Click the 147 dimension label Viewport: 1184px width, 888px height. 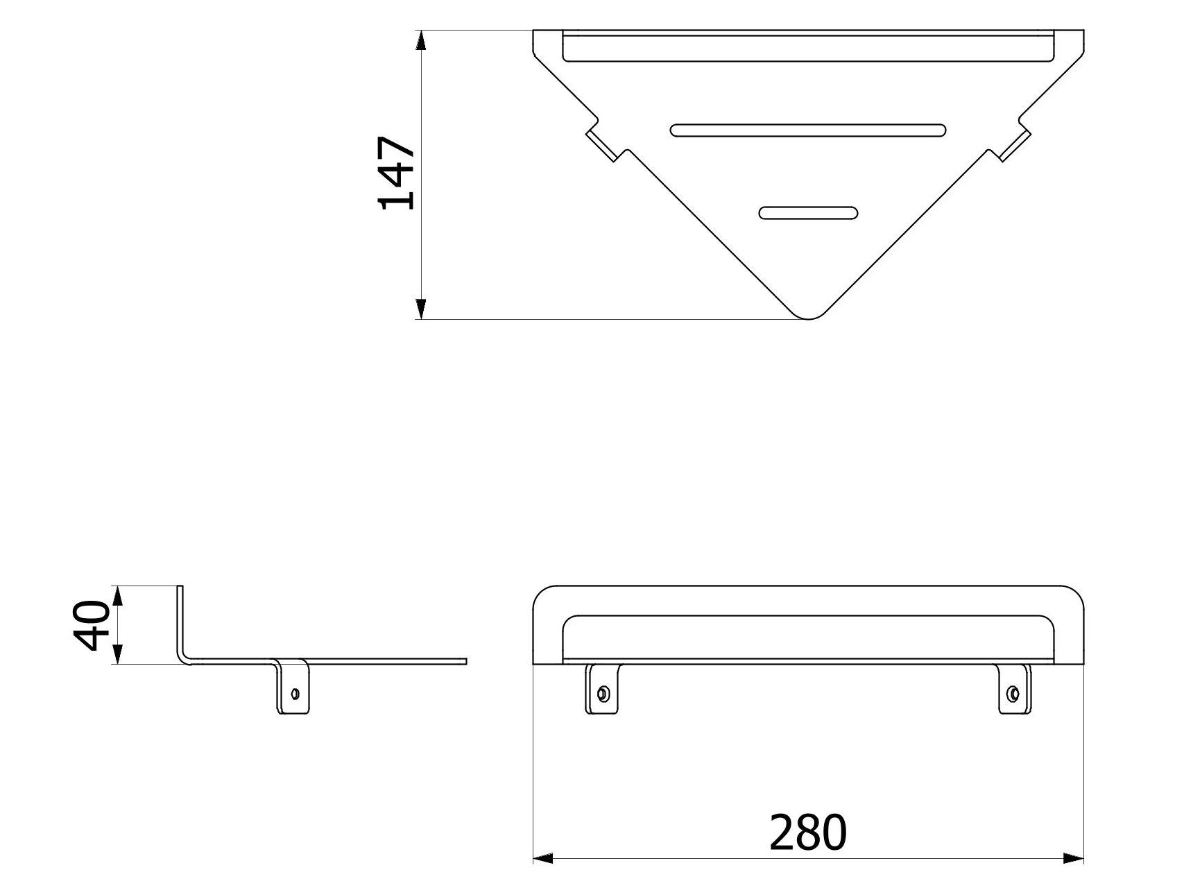coord(396,173)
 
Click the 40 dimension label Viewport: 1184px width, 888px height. coord(92,625)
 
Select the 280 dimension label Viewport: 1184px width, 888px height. coord(808,832)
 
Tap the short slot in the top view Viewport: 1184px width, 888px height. coord(808,213)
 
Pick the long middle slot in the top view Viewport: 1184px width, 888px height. coord(808,130)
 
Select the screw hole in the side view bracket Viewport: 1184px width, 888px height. coord(295,692)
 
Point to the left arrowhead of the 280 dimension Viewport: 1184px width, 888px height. coord(542,858)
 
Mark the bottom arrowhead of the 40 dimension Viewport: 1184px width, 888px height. coord(117,654)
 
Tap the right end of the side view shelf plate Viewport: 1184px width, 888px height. coord(465,661)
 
